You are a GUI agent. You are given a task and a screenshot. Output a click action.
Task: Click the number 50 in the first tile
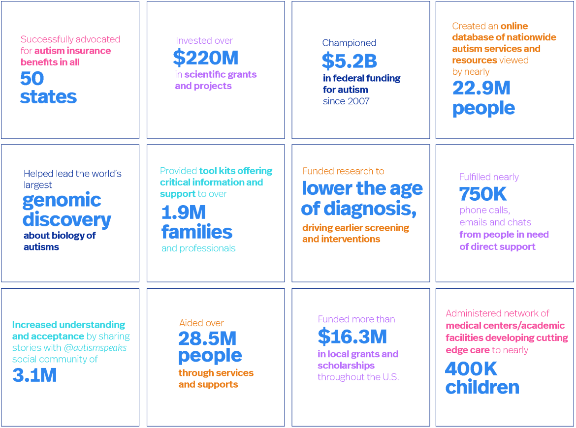(32, 79)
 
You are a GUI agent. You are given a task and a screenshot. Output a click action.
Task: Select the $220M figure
(206, 59)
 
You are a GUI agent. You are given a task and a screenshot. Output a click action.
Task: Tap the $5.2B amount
(349, 61)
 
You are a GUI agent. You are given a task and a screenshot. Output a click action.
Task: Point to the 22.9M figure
(481, 89)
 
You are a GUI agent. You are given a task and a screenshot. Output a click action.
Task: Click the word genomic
(62, 201)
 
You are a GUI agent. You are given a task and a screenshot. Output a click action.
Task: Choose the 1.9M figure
(184, 213)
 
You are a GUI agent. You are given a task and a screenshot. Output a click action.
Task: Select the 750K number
(482, 194)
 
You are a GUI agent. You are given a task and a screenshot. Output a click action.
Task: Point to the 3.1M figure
(34, 375)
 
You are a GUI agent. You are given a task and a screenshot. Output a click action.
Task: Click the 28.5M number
(207, 338)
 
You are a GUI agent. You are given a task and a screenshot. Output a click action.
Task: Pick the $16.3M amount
(352, 337)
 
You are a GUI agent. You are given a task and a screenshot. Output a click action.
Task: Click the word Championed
(349, 43)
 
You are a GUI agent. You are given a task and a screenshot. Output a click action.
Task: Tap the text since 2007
(346, 101)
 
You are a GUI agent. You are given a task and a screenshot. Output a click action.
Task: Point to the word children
(482, 388)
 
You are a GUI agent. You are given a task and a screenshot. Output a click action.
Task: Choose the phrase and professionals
(198, 248)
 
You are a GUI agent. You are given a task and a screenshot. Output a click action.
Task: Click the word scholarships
(346, 366)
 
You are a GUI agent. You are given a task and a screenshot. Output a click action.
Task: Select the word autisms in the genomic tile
(41, 247)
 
